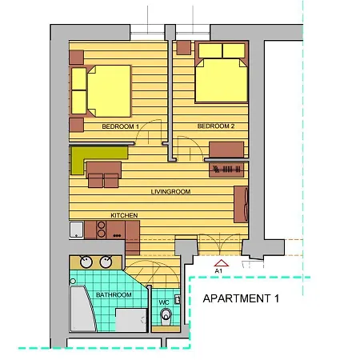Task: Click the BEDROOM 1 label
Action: coord(121,127)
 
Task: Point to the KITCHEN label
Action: coord(125,216)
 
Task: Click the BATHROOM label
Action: coord(114,295)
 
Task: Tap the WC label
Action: coord(164,302)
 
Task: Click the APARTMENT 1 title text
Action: coord(242,299)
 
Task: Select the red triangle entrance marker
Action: coord(222,262)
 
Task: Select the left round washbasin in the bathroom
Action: coord(86,262)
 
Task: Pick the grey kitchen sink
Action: coord(77,230)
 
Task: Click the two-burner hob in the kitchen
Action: coord(102,230)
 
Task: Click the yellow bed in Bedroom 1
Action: coord(102,89)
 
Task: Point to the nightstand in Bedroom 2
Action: coord(183,47)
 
